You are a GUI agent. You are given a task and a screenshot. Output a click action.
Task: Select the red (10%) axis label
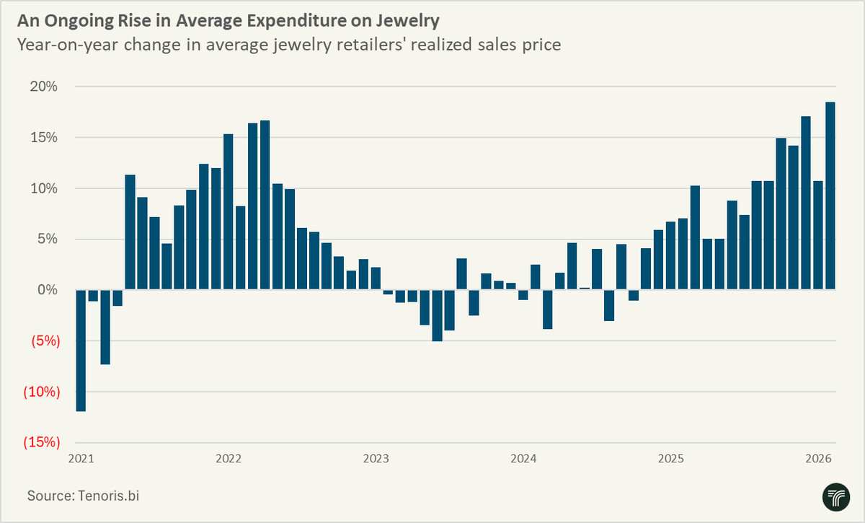point(39,392)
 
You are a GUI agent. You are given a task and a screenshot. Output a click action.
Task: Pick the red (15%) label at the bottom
point(39,442)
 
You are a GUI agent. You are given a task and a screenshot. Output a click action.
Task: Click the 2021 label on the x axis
point(81,459)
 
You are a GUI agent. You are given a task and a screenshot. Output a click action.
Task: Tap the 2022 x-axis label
point(228,459)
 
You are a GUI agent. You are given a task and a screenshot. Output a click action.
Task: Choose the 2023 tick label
point(376,459)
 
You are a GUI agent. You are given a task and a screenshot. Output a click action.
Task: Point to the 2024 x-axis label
point(523,459)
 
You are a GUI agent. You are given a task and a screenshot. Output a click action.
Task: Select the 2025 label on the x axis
point(671,459)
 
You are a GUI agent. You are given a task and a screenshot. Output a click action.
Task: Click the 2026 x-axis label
point(819,459)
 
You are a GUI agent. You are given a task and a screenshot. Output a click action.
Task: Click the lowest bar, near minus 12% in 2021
point(81,351)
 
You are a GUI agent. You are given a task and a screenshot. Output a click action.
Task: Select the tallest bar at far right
point(830,196)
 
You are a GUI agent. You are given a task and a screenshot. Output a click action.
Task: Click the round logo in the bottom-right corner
point(836,497)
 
